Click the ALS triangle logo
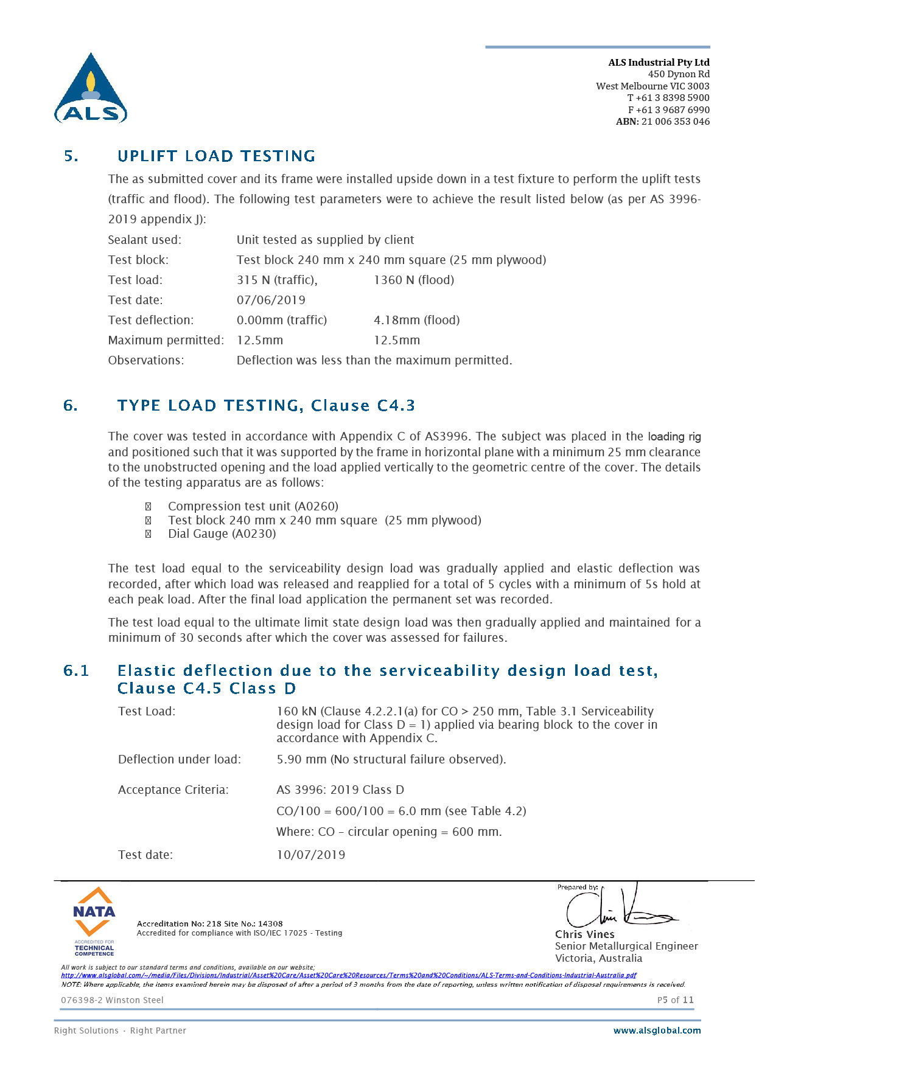coord(91,89)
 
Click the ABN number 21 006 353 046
coord(675,122)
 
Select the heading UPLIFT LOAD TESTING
coord(216,156)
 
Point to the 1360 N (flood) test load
coord(414,280)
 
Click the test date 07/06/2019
coord(271,300)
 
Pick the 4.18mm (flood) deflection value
coord(416,320)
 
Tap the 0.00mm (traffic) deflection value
coord(281,320)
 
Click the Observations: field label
coord(145,360)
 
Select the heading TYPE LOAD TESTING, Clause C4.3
coord(266,406)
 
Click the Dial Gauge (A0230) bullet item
coord(222,533)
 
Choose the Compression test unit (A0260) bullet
coord(253,506)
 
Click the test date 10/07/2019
coord(310,855)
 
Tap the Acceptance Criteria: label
coord(173,790)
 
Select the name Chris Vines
coord(584,934)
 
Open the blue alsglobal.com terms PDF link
coord(348,975)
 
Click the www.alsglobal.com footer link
coord(657,1031)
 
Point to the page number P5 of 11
coord(675,1000)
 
